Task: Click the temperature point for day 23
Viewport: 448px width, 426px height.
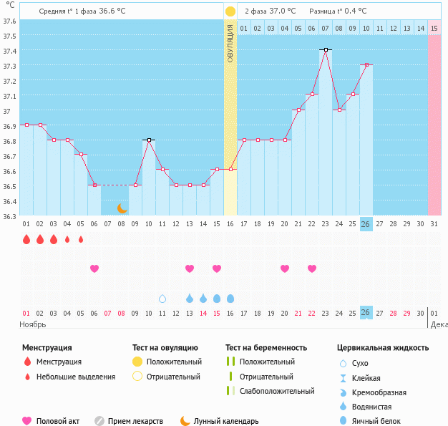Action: click(326, 49)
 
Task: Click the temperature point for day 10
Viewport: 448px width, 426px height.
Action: click(149, 140)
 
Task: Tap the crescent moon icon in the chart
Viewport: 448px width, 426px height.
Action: click(122, 208)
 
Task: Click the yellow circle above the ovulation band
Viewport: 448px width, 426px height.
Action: click(230, 11)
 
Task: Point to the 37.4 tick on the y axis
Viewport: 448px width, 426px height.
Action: click(9, 51)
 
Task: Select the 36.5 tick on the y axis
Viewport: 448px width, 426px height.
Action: click(9, 186)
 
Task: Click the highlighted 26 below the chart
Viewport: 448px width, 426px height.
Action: click(366, 313)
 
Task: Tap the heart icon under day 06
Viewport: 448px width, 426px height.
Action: click(94, 268)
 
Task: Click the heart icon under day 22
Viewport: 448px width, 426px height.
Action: click(312, 268)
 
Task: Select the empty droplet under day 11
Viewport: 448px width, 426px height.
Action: click(162, 299)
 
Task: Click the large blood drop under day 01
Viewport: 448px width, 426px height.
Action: click(26, 239)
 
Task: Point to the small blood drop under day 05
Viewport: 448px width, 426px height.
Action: click(81, 239)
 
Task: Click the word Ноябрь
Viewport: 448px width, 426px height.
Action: click(33, 324)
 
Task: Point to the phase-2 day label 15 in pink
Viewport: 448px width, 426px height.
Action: click(434, 28)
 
